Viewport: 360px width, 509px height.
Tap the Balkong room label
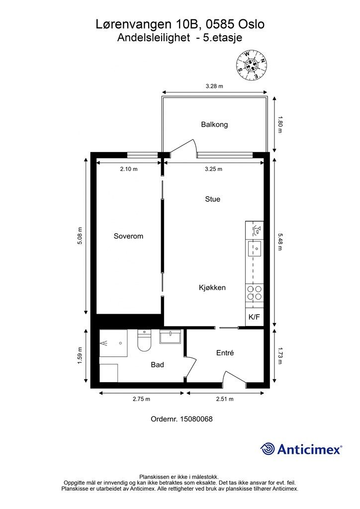[x=214, y=124]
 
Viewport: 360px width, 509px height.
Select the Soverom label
[x=128, y=236]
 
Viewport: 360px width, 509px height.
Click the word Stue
[x=212, y=199]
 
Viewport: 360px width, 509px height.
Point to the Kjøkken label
[x=212, y=287]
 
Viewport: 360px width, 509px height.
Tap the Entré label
[x=225, y=353]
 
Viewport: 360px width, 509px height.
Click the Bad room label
[x=157, y=364]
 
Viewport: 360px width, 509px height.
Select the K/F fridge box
[x=254, y=316]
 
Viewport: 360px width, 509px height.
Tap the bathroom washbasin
[x=172, y=337]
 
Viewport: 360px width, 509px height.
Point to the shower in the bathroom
[x=113, y=343]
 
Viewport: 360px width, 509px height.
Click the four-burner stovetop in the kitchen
[x=254, y=293]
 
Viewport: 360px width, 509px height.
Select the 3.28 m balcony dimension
[x=214, y=86]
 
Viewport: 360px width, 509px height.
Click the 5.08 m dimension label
[x=80, y=236]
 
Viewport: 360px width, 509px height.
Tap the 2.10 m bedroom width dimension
[x=128, y=169]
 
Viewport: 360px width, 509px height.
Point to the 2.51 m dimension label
[x=225, y=399]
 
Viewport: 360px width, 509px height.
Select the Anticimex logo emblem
[x=268, y=449]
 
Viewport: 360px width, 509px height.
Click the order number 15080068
[x=197, y=419]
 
